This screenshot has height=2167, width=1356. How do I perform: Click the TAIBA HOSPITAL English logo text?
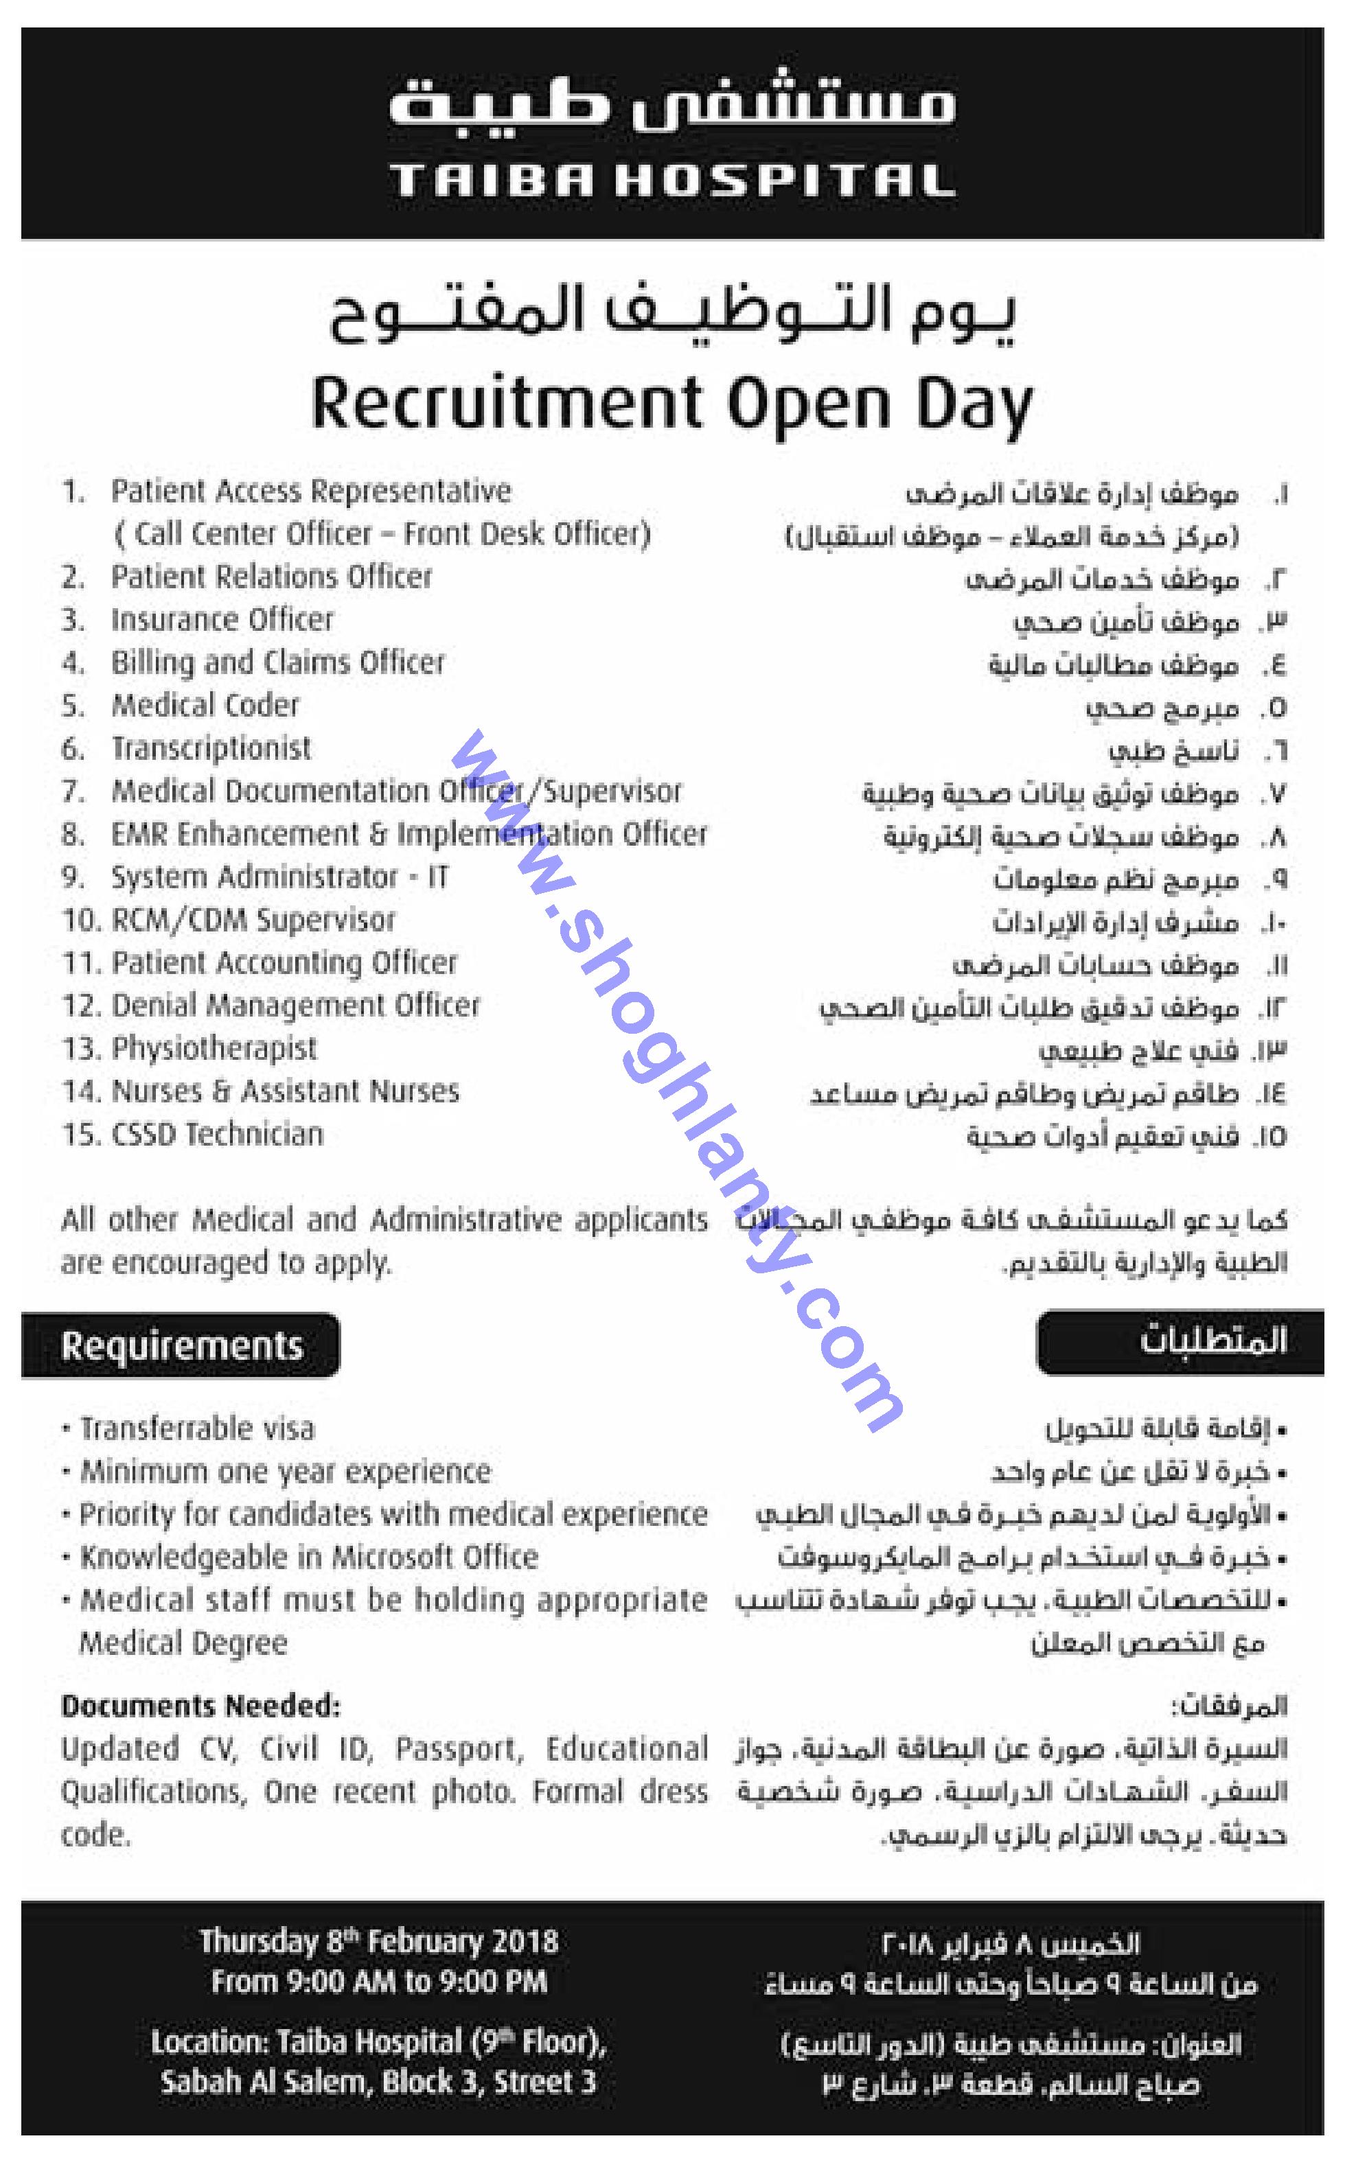(x=673, y=182)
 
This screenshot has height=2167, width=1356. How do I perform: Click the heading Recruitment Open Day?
(x=673, y=405)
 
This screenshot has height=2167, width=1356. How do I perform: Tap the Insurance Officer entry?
(x=222, y=620)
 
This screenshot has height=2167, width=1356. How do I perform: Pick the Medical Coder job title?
(x=205, y=706)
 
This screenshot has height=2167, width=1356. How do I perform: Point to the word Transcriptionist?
(x=211, y=749)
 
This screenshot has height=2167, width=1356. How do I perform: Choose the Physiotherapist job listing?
(x=214, y=1048)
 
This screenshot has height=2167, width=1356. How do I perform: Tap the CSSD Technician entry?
(x=217, y=1134)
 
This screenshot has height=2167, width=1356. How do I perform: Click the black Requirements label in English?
(x=182, y=1346)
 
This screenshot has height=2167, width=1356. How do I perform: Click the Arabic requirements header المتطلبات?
(x=1213, y=1342)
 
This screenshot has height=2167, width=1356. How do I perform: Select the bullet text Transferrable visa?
(x=197, y=1428)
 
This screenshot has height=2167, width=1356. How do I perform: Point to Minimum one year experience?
(x=285, y=1471)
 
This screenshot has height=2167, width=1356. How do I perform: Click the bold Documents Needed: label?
(x=201, y=1705)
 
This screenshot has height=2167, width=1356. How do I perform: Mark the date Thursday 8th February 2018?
(x=378, y=1942)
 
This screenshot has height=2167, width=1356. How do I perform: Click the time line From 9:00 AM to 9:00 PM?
(x=378, y=1982)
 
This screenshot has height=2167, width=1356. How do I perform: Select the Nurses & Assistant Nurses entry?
(x=285, y=1091)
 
